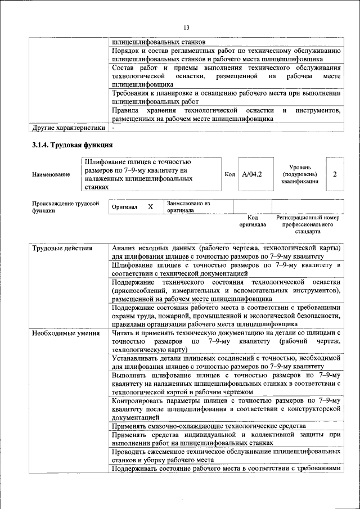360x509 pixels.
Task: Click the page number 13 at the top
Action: click(187, 28)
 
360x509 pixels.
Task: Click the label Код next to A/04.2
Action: click(229, 174)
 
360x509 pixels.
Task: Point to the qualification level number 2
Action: click(335, 174)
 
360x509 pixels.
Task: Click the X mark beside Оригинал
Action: click(150, 207)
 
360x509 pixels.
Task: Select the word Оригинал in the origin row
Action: click(124, 207)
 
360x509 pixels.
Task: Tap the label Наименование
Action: click(51, 175)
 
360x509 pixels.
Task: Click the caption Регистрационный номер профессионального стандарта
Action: click(308, 224)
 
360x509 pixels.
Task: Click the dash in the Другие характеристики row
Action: click(113, 128)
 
